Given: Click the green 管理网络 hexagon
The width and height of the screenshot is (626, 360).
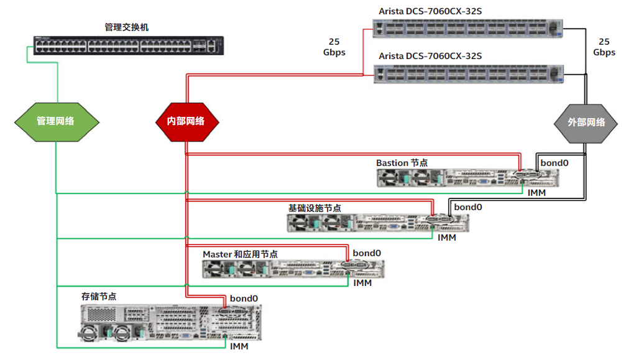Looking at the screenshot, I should click(55, 121).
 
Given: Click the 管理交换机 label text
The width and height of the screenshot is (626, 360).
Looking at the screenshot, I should click(126, 27).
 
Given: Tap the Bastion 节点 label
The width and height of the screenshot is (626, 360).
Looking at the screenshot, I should click(402, 163).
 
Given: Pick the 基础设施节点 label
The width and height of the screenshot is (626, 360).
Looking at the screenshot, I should click(314, 208).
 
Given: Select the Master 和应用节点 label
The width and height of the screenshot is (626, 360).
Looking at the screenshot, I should click(240, 254).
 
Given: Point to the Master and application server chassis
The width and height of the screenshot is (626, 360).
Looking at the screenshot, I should click(293, 269).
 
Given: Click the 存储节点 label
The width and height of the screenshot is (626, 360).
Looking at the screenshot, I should click(99, 297).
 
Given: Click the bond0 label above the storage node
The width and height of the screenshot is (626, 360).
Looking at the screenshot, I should click(244, 298).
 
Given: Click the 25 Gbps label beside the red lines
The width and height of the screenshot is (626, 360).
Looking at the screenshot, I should click(334, 47).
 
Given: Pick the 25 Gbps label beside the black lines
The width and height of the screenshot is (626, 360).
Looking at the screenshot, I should click(604, 47).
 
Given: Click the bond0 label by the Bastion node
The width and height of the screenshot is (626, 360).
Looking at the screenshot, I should click(554, 163).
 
